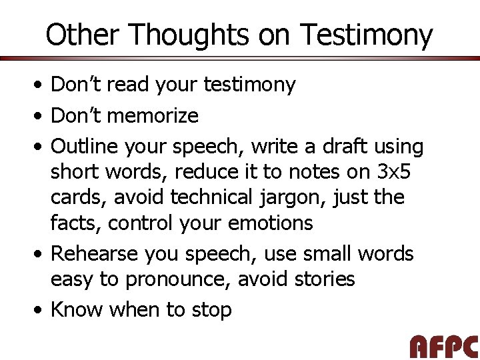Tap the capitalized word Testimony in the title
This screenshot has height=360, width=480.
coord(366,35)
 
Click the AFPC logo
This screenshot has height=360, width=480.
coord(443,346)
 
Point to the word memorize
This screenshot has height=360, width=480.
coord(153,116)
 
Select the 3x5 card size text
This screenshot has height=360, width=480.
coord(395,171)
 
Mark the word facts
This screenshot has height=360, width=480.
coord(74,223)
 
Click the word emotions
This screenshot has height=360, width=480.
coord(271,223)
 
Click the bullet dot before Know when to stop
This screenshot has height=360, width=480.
coord(41,310)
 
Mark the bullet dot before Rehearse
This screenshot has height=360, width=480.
coord(41,254)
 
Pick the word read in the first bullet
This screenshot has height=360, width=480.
coord(128,85)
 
